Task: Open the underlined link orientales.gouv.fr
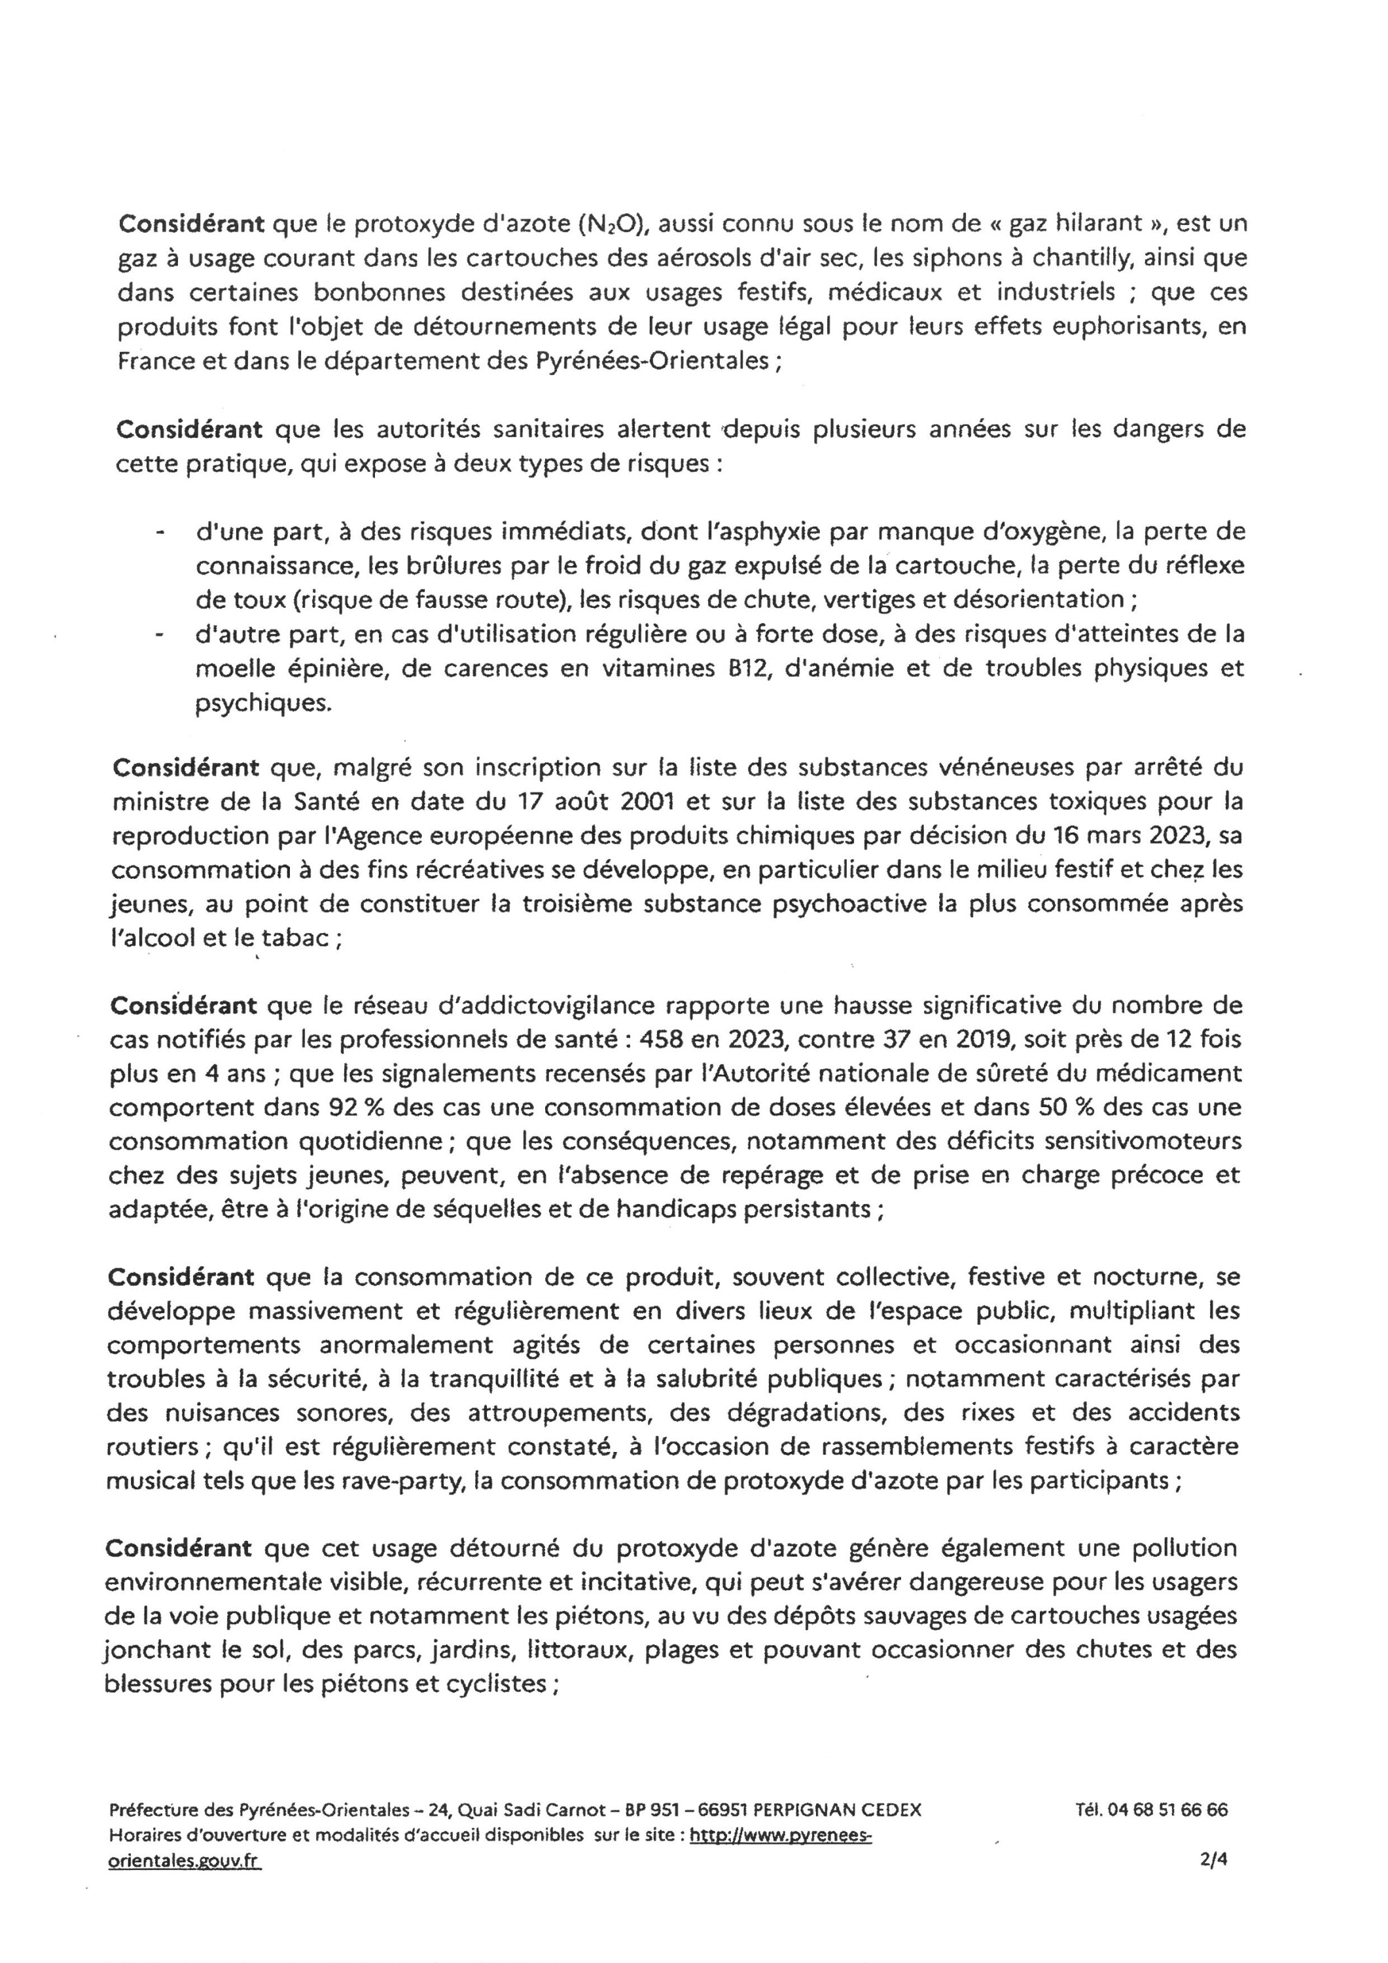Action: point(184,1862)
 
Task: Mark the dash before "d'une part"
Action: point(158,533)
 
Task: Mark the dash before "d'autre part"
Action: point(158,635)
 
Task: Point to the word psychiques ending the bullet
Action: point(262,703)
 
